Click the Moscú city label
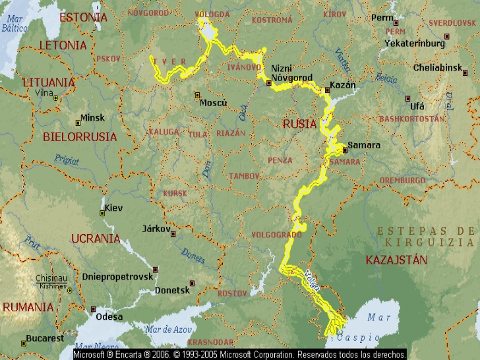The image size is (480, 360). pos(214,103)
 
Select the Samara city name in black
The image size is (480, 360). pos(364,145)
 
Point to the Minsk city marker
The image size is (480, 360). pos(76,123)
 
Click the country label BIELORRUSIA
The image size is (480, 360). pos(79,137)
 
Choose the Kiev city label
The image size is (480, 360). pos(115,208)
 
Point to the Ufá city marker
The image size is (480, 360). pos(407,99)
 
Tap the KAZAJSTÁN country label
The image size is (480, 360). pos(396,260)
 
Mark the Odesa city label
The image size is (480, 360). pos(109,316)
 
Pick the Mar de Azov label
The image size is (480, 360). pos(168,329)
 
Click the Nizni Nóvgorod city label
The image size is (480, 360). pos(291,73)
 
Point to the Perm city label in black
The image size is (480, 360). pos(382,18)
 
